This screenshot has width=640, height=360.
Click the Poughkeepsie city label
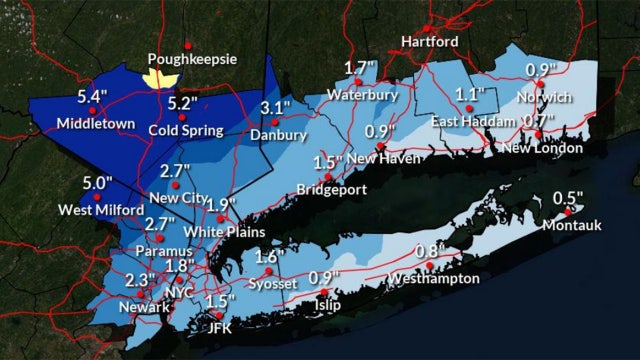(192, 59)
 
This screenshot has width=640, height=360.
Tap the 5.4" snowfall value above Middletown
(93, 98)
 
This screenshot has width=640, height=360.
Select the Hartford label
(430, 42)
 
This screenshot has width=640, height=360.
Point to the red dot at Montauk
(568, 211)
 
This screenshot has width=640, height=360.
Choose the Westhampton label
(434, 278)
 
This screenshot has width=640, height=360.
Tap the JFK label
(219, 326)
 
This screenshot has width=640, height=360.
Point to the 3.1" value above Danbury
(275, 108)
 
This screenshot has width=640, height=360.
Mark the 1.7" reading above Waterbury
(360, 69)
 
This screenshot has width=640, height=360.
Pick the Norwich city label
(546, 97)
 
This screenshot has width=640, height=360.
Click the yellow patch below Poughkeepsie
(161, 76)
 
